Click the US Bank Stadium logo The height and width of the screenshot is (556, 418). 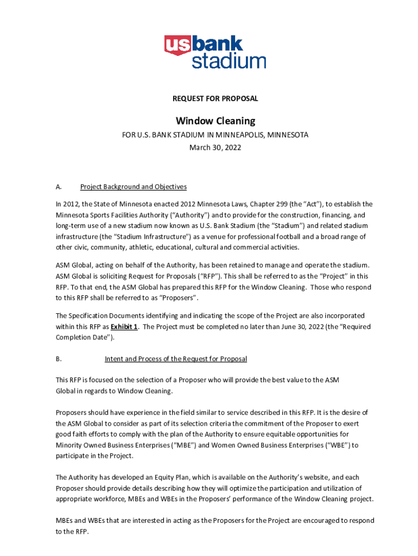(x=215, y=52)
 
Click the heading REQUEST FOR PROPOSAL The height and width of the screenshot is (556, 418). (x=215, y=99)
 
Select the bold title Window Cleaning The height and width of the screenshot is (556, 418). (x=215, y=121)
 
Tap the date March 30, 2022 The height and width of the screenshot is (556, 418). (x=215, y=147)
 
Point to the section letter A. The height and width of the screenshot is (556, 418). (x=58, y=187)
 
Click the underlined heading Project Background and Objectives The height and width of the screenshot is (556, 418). (x=134, y=187)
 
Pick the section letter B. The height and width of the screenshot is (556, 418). (x=58, y=359)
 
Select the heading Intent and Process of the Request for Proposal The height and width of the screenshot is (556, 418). (x=175, y=359)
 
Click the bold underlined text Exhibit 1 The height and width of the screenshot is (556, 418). (x=124, y=327)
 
